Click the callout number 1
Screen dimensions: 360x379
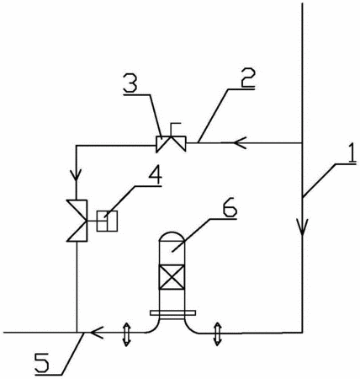351,154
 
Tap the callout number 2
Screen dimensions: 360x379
247,77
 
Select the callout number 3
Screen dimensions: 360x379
130,83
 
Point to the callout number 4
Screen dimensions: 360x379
155,176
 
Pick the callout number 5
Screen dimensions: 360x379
42,362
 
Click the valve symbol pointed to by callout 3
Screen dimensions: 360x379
171,144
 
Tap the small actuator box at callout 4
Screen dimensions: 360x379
107,221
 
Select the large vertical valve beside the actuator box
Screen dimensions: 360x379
77,221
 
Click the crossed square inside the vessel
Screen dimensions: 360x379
172,277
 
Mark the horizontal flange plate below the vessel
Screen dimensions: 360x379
172,312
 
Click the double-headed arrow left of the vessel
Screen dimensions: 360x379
126,334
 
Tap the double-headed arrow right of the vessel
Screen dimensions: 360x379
217,334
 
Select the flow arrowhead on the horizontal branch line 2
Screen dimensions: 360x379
240,143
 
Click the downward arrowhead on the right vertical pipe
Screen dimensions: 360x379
303,227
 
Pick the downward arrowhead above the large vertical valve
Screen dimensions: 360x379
77,174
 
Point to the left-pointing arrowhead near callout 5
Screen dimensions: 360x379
97,333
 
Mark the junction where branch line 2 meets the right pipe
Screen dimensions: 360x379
303,143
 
